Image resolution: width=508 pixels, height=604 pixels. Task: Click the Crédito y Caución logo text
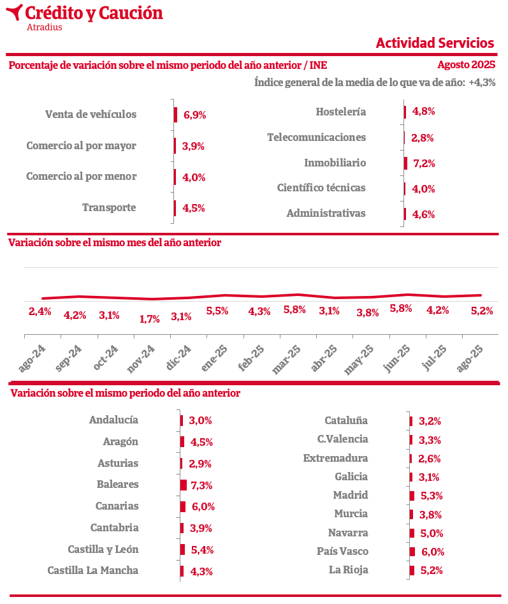click(94, 13)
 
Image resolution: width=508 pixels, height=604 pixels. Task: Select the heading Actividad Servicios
click(435, 43)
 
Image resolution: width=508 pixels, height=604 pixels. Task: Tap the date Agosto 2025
click(466, 65)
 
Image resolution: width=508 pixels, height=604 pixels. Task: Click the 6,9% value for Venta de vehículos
click(194, 115)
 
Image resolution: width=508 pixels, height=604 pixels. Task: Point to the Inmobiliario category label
click(335, 163)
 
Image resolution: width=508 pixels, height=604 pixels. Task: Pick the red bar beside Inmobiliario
click(405, 163)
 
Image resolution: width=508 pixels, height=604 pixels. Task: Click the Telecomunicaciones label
click(316, 137)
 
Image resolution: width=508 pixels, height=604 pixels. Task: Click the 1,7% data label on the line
click(149, 319)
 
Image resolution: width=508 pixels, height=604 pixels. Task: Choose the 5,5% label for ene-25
click(217, 311)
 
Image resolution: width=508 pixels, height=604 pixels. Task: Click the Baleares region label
click(117, 484)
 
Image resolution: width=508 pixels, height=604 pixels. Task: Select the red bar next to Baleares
click(184, 485)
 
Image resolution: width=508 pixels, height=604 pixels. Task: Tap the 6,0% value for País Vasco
click(432, 552)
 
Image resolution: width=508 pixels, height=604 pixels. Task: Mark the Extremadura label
click(335, 458)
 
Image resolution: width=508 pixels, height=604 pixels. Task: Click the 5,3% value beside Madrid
click(432, 496)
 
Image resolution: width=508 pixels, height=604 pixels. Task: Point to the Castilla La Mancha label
click(92, 570)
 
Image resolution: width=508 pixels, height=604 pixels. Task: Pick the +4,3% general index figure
click(482, 82)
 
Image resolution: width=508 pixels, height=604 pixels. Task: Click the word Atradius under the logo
click(45, 27)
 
